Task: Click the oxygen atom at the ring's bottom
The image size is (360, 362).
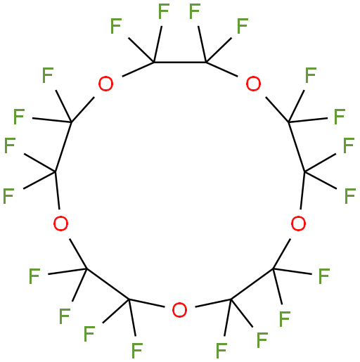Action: [x=179, y=310]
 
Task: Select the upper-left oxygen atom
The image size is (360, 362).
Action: [x=105, y=84]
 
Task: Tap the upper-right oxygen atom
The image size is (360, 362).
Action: [x=253, y=84]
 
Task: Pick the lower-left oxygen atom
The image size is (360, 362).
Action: [x=61, y=224]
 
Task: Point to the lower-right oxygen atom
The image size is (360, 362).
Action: [x=298, y=224]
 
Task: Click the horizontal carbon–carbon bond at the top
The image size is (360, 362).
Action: [x=180, y=63]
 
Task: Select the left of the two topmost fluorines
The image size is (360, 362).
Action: [x=164, y=11]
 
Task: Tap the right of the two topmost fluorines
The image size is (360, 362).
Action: [x=195, y=11]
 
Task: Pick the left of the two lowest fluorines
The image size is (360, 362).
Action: [x=137, y=351]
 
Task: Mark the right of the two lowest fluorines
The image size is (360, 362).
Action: [x=221, y=351]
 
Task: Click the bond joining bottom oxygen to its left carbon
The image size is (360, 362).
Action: [x=146, y=303]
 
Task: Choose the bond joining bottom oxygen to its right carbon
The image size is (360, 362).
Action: [x=213, y=303]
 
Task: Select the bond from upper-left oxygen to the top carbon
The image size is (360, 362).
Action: [x=138, y=69]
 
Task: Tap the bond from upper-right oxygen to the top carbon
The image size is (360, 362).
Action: [x=221, y=69]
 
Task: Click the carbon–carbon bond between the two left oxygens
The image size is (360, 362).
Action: [x=63, y=147]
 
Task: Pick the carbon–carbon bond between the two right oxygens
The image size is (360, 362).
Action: [x=297, y=147]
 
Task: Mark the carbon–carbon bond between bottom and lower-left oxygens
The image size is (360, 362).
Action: [x=108, y=284]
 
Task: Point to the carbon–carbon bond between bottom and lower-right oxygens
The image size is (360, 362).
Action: [x=252, y=284]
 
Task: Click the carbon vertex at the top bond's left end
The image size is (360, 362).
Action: [x=154, y=63]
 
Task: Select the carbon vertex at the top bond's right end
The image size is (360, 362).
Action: [x=206, y=63]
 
